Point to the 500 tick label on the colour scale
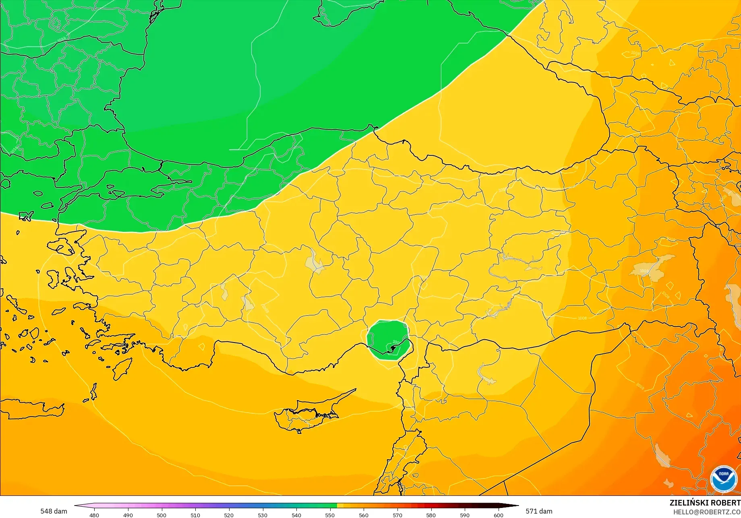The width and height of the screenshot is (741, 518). tap(161, 515)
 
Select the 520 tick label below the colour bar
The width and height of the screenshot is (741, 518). tap(229, 515)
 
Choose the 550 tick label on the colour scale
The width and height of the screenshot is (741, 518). tap(330, 515)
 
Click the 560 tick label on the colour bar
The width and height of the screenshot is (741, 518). tap(364, 515)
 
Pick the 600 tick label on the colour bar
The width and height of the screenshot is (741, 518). tap(498, 515)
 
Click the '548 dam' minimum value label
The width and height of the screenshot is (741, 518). tap(54, 511)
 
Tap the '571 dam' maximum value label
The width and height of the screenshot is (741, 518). tap(539, 511)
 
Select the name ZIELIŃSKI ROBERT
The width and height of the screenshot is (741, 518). tap(705, 503)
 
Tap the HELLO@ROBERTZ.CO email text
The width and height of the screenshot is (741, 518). tap(707, 512)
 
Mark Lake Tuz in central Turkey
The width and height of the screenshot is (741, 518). tap(315, 262)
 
